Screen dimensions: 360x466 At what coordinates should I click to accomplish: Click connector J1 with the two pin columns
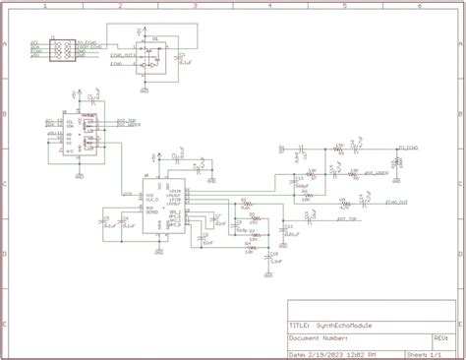coord(58,49)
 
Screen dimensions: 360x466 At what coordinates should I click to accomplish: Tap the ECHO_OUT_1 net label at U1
coord(122,56)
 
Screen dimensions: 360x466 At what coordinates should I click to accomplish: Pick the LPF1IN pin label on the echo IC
coord(174,194)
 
